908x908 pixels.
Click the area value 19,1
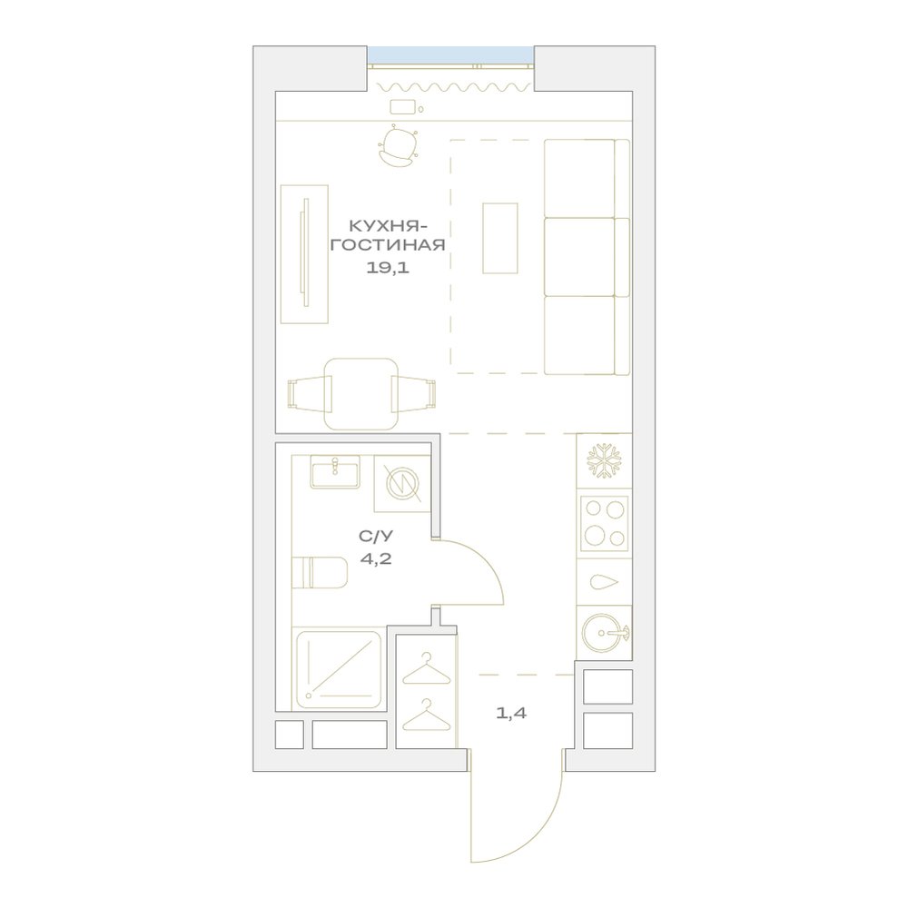388,268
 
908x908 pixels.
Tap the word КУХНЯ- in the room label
388,224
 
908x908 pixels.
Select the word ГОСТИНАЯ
388,245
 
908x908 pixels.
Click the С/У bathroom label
376,537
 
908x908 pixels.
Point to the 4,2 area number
376,559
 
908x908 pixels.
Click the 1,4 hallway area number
511,714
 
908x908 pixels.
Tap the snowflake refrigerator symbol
604,461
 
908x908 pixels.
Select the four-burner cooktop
605,524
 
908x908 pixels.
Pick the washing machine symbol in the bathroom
402,484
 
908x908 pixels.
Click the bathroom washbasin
335,472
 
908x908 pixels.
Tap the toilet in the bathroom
319,573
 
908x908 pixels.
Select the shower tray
340,670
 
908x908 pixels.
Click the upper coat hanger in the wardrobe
426,671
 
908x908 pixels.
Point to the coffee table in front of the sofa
500,238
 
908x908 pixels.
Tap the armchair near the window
398,146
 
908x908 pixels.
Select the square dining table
361,394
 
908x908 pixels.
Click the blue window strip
450,55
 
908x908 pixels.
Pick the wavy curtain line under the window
453,87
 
